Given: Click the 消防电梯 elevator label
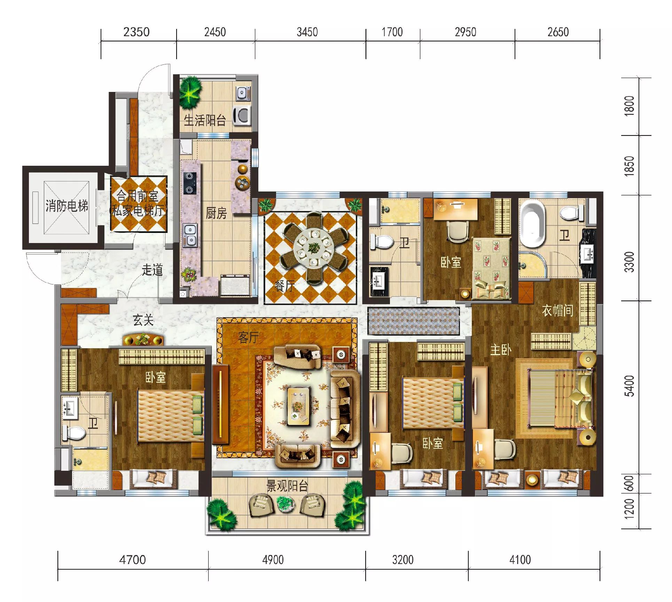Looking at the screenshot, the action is pyautogui.click(x=67, y=206).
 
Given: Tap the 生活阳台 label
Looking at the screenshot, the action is pyautogui.click(x=205, y=120).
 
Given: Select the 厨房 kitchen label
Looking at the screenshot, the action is pyautogui.click(x=216, y=213).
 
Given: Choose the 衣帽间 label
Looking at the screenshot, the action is pyautogui.click(x=557, y=310).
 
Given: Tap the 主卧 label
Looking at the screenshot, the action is pyautogui.click(x=501, y=350).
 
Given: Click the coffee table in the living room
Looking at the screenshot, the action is pyautogui.click(x=298, y=406).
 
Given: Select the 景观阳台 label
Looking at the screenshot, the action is pyautogui.click(x=287, y=486).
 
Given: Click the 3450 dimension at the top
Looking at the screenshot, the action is pyautogui.click(x=307, y=32).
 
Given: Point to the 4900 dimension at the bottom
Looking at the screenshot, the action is pyautogui.click(x=273, y=560).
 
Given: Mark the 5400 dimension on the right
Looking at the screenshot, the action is pyautogui.click(x=630, y=386).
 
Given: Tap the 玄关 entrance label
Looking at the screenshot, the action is pyautogui.click(x=143, y=320).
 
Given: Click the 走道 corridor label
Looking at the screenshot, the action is pyautogui.click(x=152, y=270).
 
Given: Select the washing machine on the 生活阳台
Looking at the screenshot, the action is pyautogui.click(x=242, y=115).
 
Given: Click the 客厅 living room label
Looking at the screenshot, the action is pyautogui.click(x=248, y=337).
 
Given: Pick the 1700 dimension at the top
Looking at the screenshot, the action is pyautogui.click(x=392, y=32).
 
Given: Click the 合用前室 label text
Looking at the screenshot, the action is pyautogui.click(x=137, y=196).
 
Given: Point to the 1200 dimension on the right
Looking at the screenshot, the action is pyautogui.click(x=630, y=509).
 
